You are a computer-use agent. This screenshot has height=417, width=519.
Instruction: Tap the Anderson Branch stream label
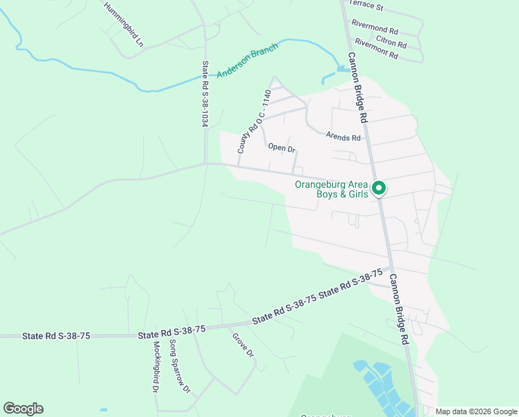pyautogui.click(x=247, y=60)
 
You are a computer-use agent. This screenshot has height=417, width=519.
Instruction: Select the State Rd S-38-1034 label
pyautogui.click(x=205, y=93)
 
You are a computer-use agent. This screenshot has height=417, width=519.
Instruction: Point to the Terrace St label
pyautogui.click(x=366, y=6)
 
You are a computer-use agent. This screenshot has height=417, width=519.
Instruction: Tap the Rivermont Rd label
pyautogui.click(x=376, y=49)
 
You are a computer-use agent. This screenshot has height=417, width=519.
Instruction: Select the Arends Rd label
pyautogui.click(x=345, y=138)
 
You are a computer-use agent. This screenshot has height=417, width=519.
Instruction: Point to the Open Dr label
pyautogui.click(x=282, y=147)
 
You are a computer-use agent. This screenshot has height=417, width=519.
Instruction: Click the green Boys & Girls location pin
pyautogui.click(x=379, y=188)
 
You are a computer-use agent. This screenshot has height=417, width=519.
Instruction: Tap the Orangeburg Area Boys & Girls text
pyautogui.click(x=330, y=190)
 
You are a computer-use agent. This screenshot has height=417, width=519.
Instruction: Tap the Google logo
pyautogui.click(x=23, y=409)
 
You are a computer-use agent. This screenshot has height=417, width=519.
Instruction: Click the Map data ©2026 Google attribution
pyautogui.click(x=475, y=411)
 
